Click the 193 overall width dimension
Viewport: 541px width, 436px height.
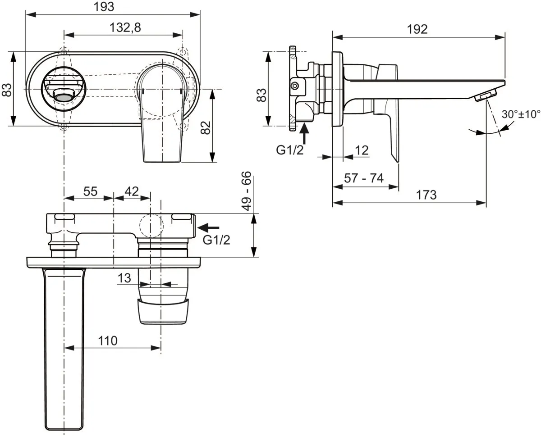coord(104,7)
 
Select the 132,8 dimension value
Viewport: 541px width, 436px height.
coord(125,27)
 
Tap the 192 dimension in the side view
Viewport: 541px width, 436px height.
coord(417,29)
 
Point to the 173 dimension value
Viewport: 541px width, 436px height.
coord(426,195)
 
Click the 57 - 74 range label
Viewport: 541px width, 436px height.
coord(364,178)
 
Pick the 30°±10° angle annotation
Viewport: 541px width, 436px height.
coord(521,114)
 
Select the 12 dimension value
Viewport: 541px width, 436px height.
coord(362,150)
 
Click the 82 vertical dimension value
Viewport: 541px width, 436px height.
coord(206,127)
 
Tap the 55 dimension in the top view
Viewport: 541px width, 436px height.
coord(90,191)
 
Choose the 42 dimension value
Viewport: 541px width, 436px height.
coord(132,191)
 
